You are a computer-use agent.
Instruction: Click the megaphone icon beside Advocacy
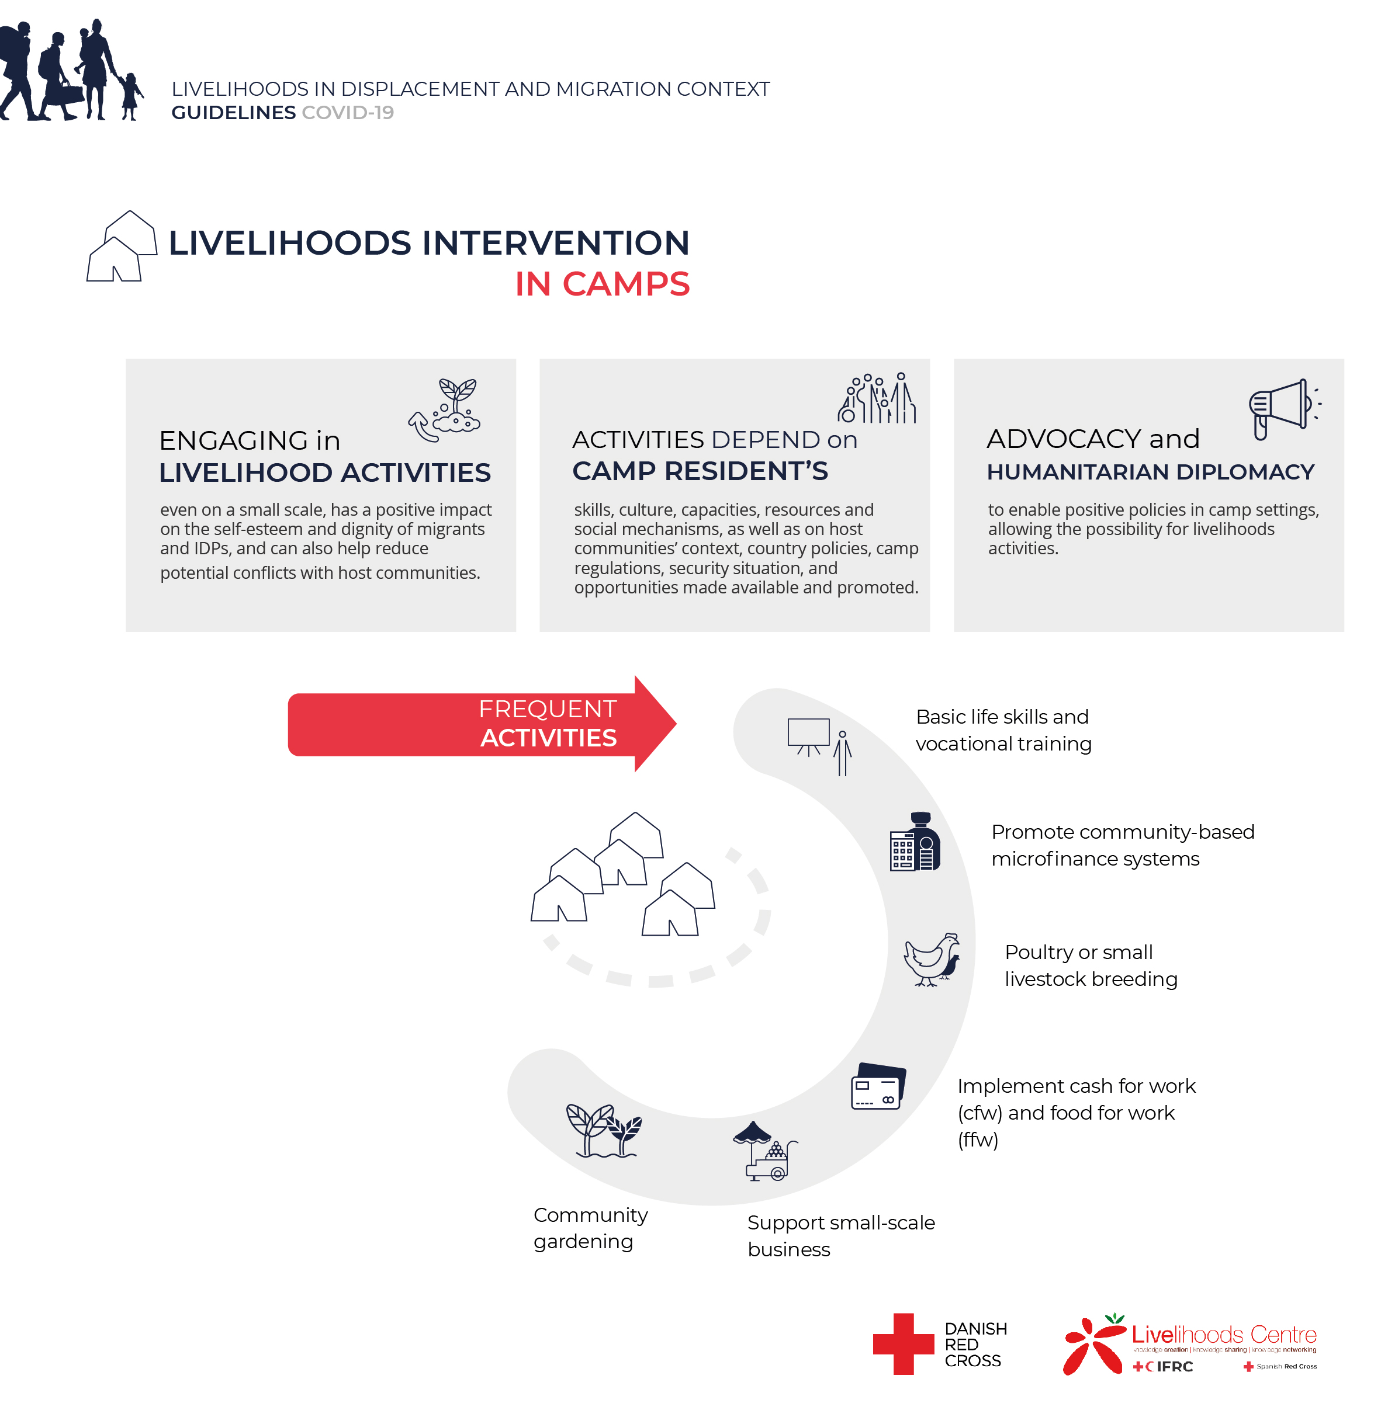tap(1282, 408)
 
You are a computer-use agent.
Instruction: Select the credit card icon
tap(878, 1086)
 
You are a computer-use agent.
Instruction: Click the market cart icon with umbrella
tap(764, 1151)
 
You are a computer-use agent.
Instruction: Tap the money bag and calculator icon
tap(915, 842)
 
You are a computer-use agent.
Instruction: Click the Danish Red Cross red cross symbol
tap(903, 1343)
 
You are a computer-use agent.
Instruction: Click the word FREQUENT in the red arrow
tap(548, 709)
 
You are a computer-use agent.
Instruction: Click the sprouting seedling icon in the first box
tap(446, 409)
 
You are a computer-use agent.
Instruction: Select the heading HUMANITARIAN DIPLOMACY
tap(1150, 472)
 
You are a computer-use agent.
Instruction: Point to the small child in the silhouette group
tap(130, 96)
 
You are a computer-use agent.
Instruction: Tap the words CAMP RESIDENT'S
tap(700, 471)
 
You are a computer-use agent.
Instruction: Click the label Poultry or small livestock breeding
tap(1090, 965)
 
